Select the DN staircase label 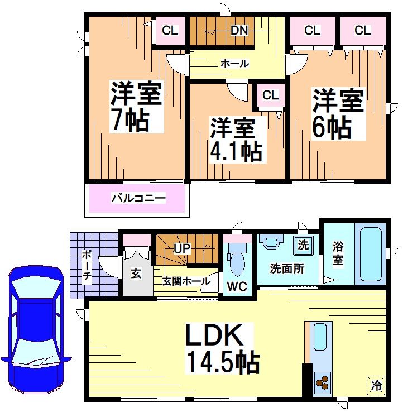239,31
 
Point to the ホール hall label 235,64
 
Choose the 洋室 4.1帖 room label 236,140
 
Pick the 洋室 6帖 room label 338,113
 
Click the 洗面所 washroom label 287,269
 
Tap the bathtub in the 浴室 369,254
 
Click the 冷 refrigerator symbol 377,384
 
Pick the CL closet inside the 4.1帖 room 271,95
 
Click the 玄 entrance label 135,274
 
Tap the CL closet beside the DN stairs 170,31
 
